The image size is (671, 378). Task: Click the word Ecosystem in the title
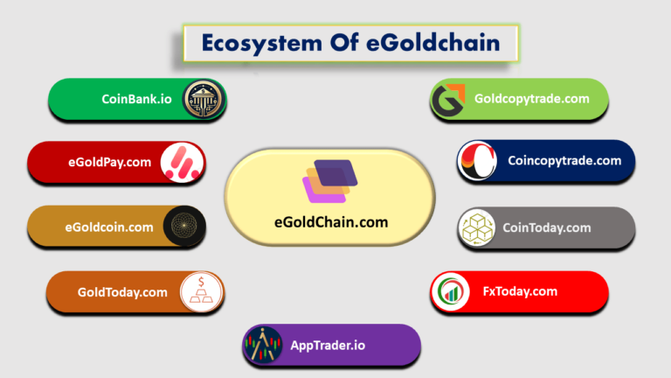coord(261,43)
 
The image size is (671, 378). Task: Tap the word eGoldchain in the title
coord(433,42)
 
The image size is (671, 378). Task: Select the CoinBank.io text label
coord(136,99)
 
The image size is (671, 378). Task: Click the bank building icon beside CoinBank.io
coord(204,100)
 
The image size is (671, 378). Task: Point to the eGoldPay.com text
coord(109,162)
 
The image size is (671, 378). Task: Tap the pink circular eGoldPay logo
coord(182,163)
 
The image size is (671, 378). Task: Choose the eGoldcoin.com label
coord(109,227)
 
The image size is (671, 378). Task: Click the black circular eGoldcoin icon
coord(183,226)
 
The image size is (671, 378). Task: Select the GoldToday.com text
coord(122,292)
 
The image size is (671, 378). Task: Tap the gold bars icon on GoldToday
coord(201,292)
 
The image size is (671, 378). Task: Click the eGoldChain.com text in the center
coord(331,222)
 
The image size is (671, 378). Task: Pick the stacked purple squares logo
coord(330,181)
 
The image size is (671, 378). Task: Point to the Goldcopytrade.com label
coord(532,99)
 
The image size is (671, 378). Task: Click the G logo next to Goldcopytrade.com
coord(448,101)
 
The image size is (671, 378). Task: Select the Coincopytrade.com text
coord(564,161)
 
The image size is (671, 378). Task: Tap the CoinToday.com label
coord(546,227)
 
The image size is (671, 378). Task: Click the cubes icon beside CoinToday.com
coord(477,227)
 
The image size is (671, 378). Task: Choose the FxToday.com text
coord(520,291)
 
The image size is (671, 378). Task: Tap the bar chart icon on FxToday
coord(451,291)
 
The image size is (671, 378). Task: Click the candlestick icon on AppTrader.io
coord(263,344)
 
